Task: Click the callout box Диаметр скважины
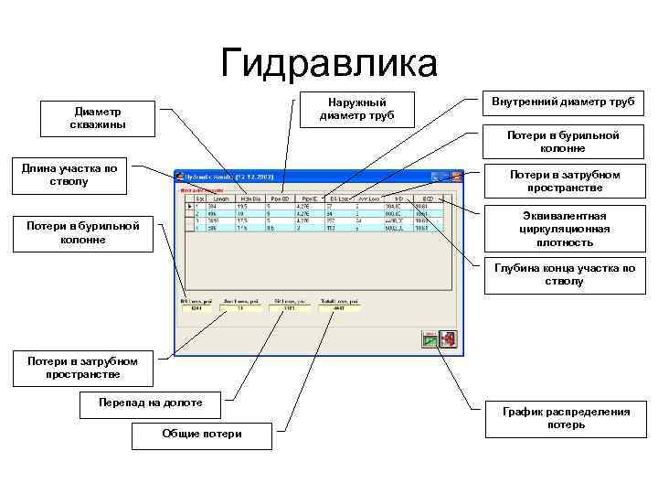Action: click(100, 118)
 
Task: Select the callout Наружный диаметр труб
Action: click(356, 109)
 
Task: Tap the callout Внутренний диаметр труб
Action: click(563, 101)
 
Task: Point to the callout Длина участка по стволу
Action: click(70, 175)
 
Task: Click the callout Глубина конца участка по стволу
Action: click(564, 275)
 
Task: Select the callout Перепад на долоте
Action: click(152, 402)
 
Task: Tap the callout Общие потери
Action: click(202, 434)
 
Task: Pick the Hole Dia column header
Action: click(250, 198)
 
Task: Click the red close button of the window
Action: click(459, 175)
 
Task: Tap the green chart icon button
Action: click(430, 339)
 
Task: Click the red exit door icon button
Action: click(450, 339)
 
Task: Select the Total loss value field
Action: click(340, 308)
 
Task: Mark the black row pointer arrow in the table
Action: click(189, 206)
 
